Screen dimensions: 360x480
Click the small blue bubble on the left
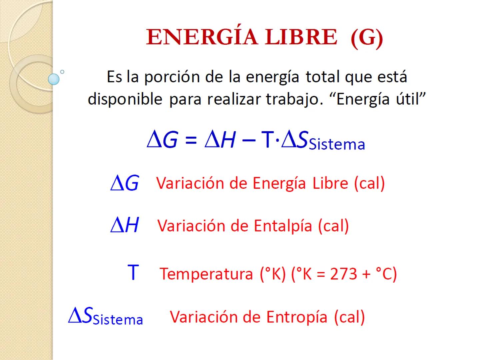pos(54,79)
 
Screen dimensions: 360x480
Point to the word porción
pos(172,77)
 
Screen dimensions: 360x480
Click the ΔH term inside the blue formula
pos(220,140)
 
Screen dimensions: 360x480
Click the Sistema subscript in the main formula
pos(337,144)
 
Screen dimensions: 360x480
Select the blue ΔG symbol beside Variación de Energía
pos(124,183)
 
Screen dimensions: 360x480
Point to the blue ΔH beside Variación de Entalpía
pos(124,225)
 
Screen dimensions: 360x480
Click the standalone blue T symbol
pos(133,272)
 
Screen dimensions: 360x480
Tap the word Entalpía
pos(283,226)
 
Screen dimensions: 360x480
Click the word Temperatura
pos(207,274)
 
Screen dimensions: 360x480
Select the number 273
pos(344,274)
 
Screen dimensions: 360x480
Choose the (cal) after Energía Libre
pos(369,183)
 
